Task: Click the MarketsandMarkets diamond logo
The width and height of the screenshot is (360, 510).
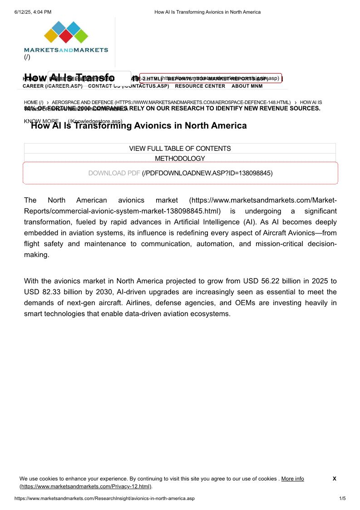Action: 66,33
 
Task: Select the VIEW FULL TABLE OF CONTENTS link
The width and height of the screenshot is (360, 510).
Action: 180,149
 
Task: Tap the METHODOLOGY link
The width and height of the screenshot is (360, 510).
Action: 180,158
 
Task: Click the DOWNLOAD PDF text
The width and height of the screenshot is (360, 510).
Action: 114,173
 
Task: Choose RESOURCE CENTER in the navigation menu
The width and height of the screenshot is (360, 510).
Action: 200,86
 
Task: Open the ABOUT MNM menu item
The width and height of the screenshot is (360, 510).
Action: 247,86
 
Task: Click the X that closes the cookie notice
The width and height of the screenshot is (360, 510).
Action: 334,479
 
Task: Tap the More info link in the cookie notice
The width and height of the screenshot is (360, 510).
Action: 292,479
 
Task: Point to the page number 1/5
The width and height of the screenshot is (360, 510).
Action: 343,498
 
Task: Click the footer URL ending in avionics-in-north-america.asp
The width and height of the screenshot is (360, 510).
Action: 104,498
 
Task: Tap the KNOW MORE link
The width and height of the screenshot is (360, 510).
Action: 41,121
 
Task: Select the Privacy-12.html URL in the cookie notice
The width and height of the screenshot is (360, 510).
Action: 85,486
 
